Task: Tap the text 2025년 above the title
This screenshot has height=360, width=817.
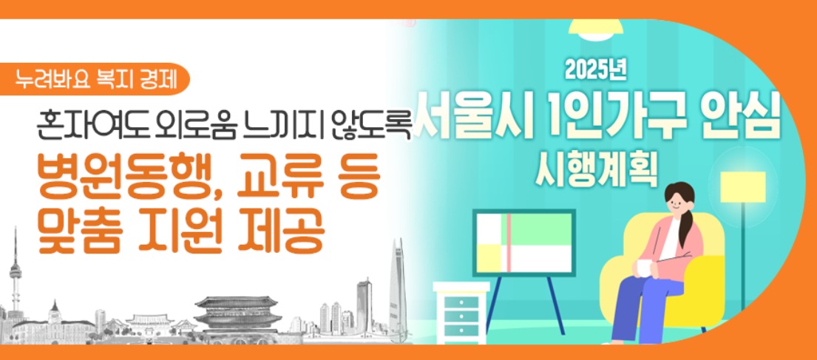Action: (596, 70)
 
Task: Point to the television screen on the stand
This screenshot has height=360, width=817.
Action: (524, 242)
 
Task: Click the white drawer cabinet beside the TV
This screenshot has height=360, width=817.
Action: (461, 310)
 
